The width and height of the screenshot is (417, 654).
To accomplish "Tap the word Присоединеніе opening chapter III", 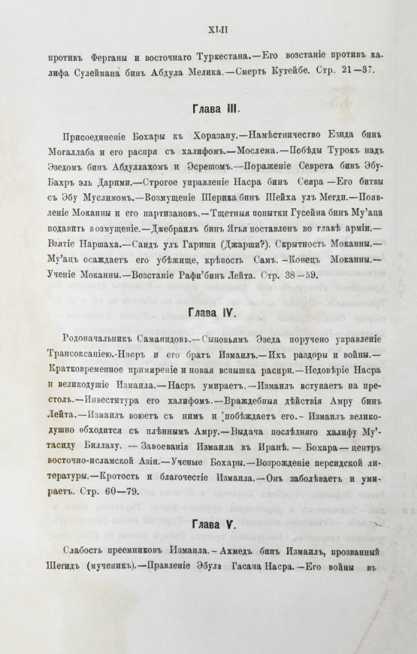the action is click(x=95, y=137).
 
